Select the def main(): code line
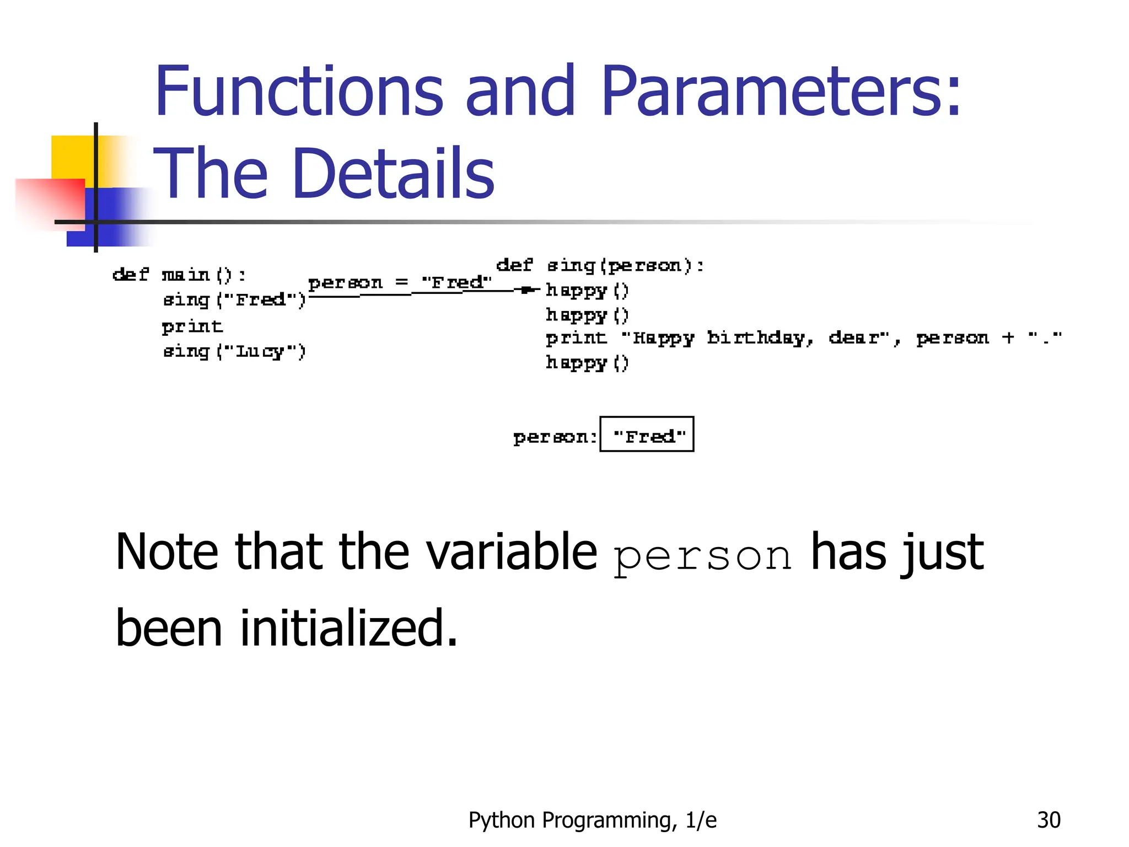coord(179,274)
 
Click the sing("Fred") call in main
coord(234,299)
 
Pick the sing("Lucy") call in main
coord(234,351)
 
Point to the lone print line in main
coord(192,326)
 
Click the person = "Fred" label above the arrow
coord(399,282)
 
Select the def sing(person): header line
coord(600,265)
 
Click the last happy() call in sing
coord(587,362)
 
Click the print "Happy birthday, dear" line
coord(803,337)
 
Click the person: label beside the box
coord(555,437)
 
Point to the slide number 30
coord(1048,820)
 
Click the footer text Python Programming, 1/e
coord(592,820)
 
